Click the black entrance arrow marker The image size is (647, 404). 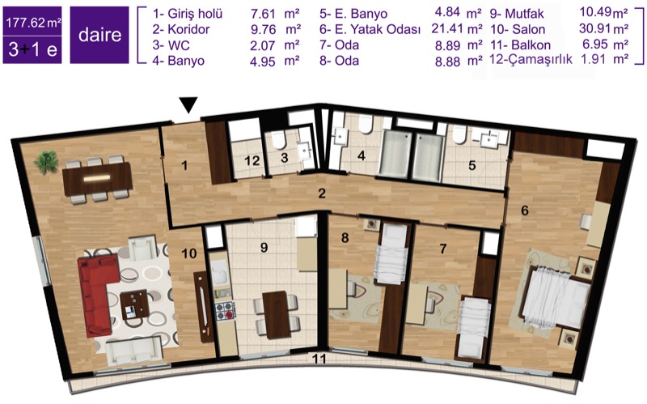189,105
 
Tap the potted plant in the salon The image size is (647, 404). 46,163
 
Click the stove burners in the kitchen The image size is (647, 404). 226,311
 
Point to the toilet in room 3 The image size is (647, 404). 279,139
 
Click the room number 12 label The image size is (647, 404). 252,160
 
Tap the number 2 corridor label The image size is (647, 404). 322,193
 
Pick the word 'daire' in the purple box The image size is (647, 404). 99,35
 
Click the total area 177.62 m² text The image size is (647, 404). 33,23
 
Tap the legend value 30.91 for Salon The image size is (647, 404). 594,29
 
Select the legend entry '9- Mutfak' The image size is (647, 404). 517,14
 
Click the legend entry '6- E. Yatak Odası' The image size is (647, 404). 370,30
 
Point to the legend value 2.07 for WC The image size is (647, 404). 262,45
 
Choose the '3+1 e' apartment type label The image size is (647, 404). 32,50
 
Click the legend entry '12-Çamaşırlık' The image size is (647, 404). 531,59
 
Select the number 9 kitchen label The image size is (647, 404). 264,248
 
